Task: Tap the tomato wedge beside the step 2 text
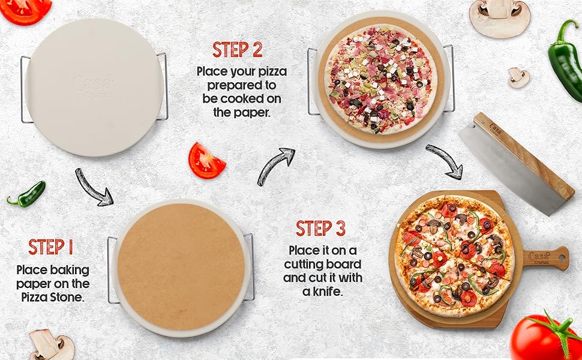point(206,161)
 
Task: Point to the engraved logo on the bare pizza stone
point(93,82)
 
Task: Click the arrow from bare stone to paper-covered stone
point(94,187)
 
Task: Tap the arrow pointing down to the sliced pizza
point(445,161)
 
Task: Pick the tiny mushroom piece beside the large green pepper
point(518,77)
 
